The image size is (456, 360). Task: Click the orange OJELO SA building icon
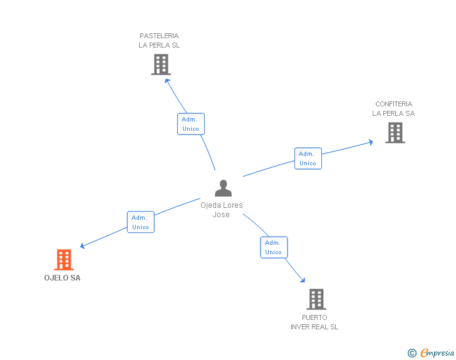(64, 259)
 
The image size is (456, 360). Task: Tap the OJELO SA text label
(63, 278)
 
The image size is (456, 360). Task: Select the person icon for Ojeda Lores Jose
(223, 188)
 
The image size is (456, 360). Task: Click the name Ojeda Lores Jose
(222, 210)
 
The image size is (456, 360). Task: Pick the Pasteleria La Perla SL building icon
(161, 64)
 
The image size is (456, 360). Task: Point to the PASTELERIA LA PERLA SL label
(159, 41)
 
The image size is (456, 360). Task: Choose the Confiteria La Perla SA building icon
(395, 132)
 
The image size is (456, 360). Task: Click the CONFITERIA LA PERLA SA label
(393, 109)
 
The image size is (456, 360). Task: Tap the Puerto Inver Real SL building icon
(316, 299)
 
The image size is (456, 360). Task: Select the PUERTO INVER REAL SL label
(314, 322)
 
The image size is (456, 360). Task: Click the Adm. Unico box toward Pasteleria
(190, 124)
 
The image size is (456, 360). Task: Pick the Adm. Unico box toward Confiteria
(308, 158)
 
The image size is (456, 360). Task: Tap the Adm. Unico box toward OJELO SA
(140, 222)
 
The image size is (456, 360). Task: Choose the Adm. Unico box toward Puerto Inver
(273, 247)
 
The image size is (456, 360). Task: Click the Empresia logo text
(437, 352)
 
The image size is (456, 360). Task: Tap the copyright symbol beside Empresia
(412, 353)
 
